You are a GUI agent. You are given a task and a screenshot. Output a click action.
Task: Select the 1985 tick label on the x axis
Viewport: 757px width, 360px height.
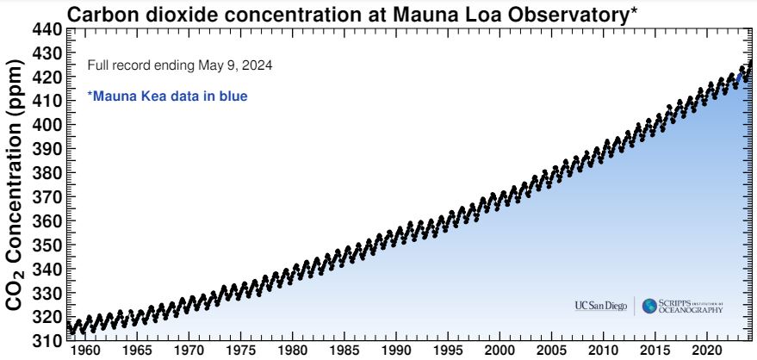tap(344, 352)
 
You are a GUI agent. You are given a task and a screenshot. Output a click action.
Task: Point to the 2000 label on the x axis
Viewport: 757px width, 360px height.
tap(499, 352)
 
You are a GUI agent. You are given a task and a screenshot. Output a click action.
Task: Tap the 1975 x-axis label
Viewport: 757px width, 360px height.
tap(242, 352)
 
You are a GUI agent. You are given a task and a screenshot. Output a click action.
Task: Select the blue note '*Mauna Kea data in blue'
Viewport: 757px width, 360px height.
tap(168, 96)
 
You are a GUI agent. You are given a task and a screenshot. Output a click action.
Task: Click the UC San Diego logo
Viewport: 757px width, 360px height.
tap(601, 307)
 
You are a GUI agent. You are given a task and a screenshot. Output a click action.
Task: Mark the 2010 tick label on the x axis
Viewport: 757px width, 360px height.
tap(602, 352)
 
